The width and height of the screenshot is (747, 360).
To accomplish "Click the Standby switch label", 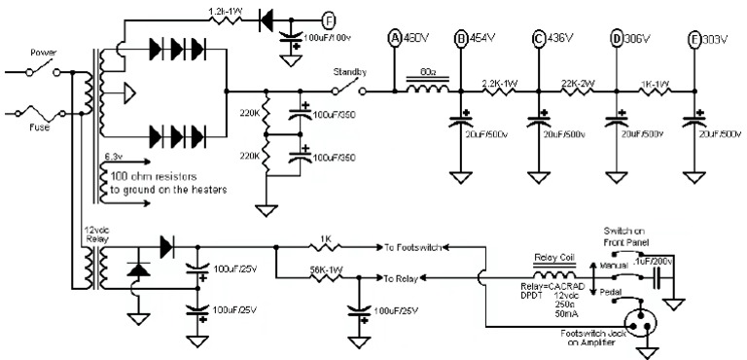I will (x=349, y=73).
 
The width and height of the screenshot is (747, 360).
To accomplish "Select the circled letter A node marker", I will (x=395, y=39).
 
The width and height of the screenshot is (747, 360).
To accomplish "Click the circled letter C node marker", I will (x=538, y=39).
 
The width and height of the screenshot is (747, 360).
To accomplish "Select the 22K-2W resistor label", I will (x=579, y=84).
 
